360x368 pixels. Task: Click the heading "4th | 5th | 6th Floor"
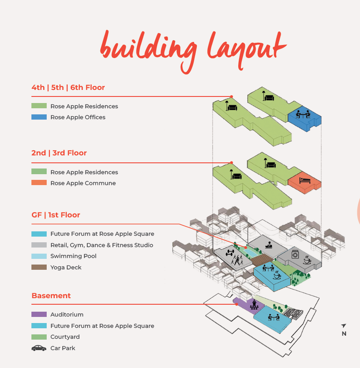[68, 88]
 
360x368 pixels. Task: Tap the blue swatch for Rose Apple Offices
[39, 117]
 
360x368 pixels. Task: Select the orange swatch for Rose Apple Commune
[39, 182]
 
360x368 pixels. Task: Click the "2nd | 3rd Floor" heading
[59, 153]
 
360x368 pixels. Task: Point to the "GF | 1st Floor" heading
[55, 215]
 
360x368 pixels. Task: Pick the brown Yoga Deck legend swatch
[39, 267]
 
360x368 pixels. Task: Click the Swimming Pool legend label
[73, 256]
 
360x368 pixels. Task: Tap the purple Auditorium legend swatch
[39, 314]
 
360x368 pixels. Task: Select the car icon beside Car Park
[39, 348]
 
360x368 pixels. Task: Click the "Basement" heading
[51, 296]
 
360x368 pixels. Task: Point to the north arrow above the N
[343, 326]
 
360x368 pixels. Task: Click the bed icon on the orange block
[305, 180]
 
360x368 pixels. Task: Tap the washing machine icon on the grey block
[295, 255]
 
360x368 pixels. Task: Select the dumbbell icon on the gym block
[230, 253]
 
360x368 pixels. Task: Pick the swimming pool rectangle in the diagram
[251, 253]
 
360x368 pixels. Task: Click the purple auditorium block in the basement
[249, 305]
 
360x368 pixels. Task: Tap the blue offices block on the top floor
[305, 119]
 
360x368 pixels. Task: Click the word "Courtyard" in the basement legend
[65, 337]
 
